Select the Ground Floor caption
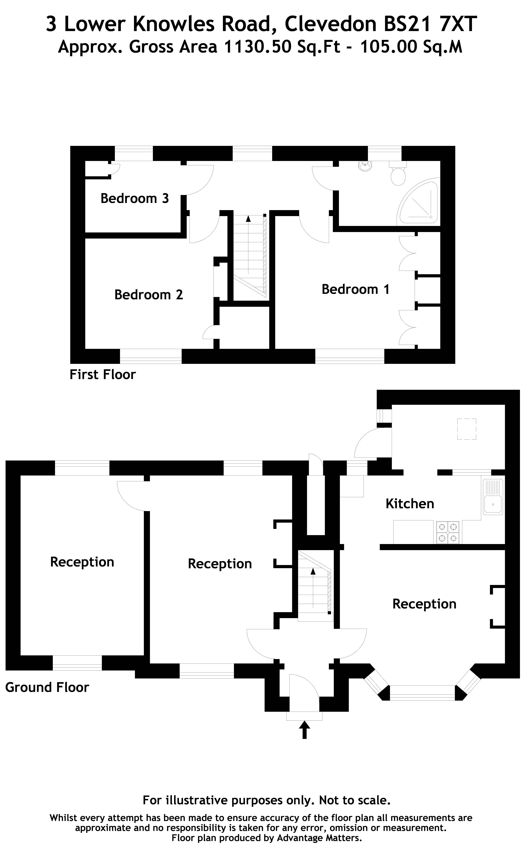click(x=47, y=687)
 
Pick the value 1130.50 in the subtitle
click(x=258, y=47)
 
